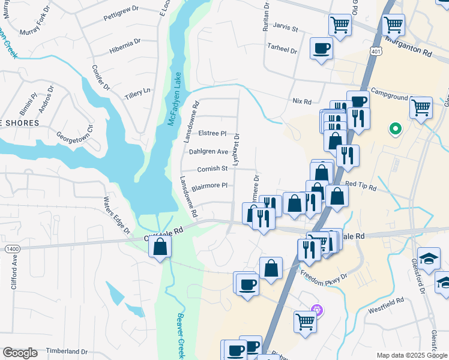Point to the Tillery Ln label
[x=137, y=93]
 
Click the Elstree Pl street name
[x=214, y=134]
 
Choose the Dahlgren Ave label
[x=209, y=152]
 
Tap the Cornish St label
[x=212, y=169]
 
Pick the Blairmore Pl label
[x=209, y=186]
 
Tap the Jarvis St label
[x=285, y=28]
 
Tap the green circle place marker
[x=396, y=128]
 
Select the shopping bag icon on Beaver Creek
[x=160, y=247]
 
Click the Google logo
[x=20, y=353]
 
